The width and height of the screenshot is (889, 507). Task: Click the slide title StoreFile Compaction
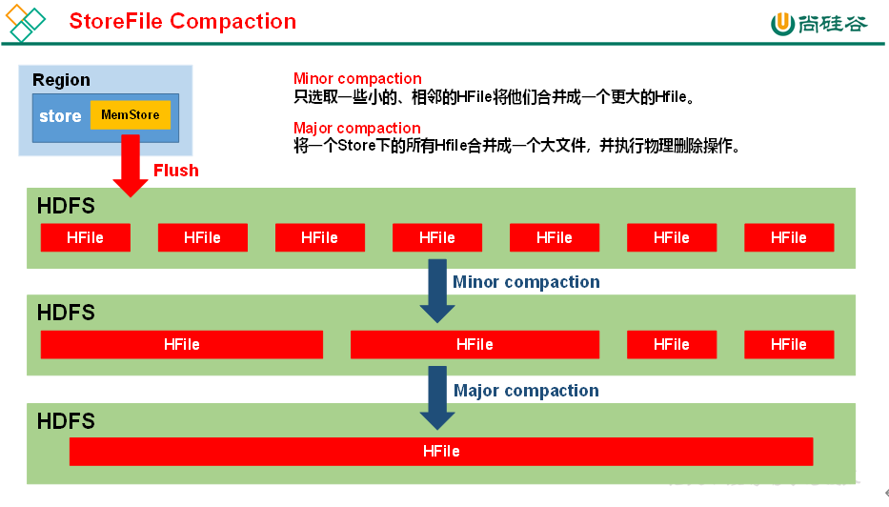tap(182, 21)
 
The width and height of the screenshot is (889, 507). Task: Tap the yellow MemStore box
tap(131, 115)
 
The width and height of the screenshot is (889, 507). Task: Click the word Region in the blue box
tap(61, 80)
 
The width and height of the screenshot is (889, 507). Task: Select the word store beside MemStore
tap(60, 116)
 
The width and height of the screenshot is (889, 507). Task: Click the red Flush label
tap(176, 171)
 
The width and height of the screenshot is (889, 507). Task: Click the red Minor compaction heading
tap(357, 79)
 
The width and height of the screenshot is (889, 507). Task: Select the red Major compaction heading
tap(356, 129)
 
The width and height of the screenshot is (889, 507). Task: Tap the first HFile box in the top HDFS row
tap(85, 237)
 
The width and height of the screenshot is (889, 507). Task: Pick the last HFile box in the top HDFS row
tap(788, 237)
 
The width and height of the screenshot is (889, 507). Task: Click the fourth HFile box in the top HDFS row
tap(436, 237)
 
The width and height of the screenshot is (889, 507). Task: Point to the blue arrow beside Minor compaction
tap(437, 291)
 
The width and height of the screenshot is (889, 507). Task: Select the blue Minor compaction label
tap(526, 282)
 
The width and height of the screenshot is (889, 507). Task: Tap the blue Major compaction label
tap(526, 391)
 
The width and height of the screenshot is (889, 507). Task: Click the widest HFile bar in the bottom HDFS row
tap(440, 451)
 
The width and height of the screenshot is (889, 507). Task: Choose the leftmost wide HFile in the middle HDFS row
tap(181, 344)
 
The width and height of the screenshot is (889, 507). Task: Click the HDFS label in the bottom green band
tap(66, 420)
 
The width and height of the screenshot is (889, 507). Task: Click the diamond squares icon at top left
tap(26, 23)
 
